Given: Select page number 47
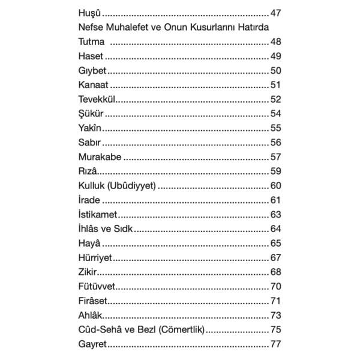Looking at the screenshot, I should [x=276, y=13].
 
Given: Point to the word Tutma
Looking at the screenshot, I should [x=92, y=42].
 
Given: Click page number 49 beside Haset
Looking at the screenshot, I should [x=276, y=56].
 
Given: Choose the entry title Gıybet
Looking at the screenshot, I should [x=92, y=71].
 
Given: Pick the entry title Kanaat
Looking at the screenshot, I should [x=93, y=85].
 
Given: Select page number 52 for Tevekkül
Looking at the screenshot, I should [x=276, y=100].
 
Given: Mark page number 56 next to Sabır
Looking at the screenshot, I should [x=276, y=143].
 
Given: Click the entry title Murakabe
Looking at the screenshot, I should [x=100, y=157].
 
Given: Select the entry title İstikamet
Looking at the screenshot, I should [x=99, y=214].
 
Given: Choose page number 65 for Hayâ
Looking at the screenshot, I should [x=276, y=243].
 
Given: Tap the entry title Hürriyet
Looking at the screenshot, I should [x=95, y=257].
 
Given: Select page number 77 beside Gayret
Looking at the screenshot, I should [x=276, y=344].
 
